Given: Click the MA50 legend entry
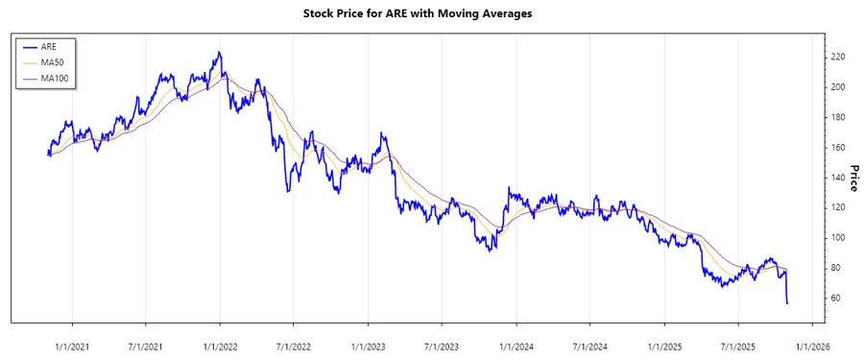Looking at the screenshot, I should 53,61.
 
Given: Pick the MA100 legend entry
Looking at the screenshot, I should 55,77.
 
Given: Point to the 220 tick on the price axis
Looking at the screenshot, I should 838,57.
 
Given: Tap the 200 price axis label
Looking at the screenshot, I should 838,86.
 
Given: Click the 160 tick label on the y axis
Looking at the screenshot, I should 838,147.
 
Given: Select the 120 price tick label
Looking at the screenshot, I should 838,207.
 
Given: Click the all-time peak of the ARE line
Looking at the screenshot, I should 219,52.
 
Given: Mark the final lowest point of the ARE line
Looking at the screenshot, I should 787,303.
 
